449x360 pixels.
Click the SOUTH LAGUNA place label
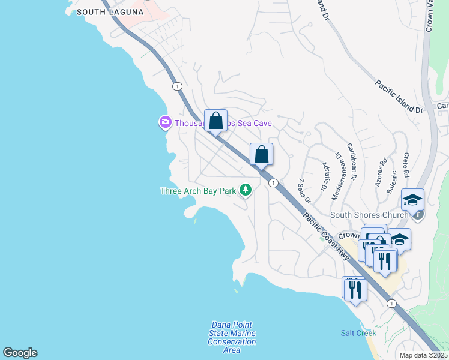click(x=110, y=12)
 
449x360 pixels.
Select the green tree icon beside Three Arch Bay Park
click(x=245, y=190)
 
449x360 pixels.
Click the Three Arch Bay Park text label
click(x=198, y=191)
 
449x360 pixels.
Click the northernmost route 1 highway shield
click(x=177, y=86)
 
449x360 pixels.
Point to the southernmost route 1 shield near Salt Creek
click(x=391, y=304)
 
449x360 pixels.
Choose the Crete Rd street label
click(x=406, y=165)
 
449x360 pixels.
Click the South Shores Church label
click(x=370, y=215)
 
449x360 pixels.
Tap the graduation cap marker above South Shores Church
click(x=412, y=199)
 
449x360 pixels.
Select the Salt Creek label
click(x=358, y=333)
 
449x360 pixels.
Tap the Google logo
click(x=20, y=353)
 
